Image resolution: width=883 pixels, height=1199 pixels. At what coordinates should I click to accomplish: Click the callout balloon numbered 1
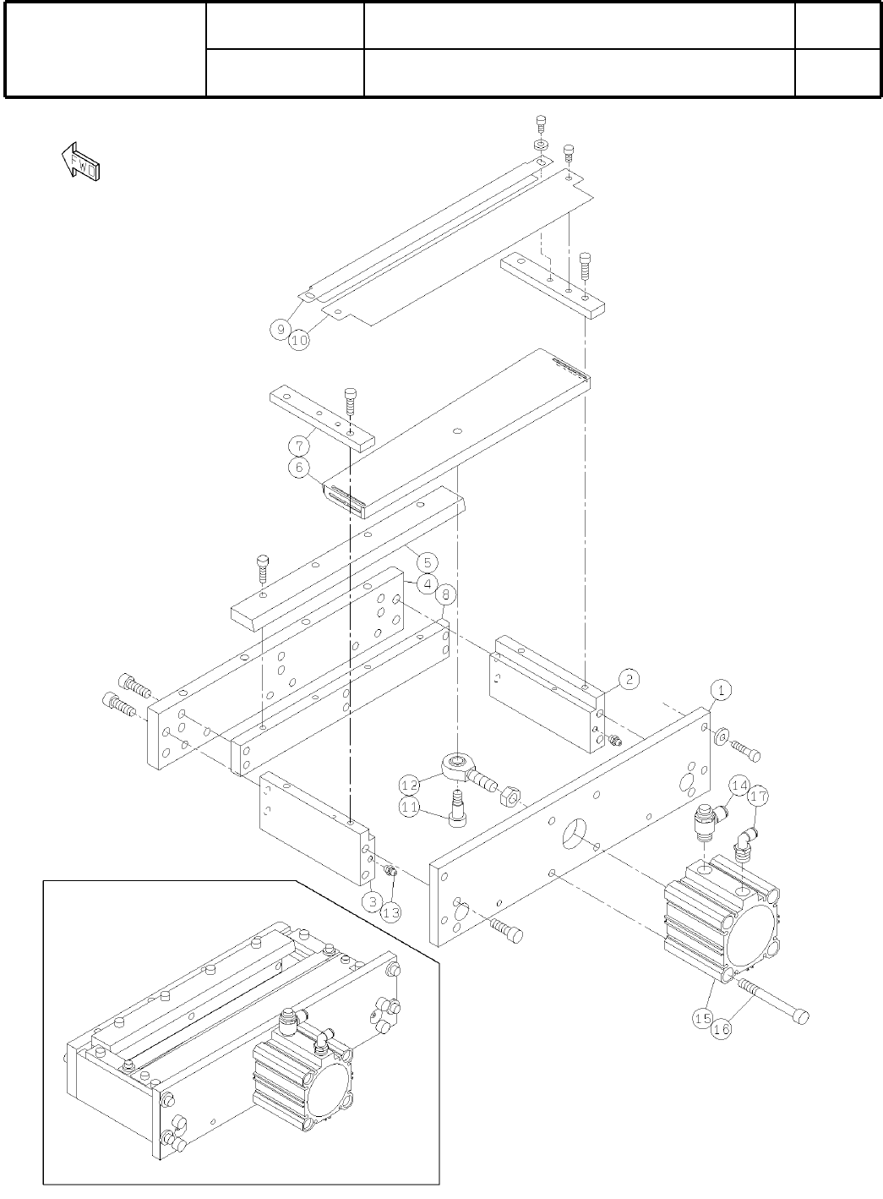[721, 689]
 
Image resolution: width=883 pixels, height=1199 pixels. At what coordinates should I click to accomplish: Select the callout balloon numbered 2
[628, 678]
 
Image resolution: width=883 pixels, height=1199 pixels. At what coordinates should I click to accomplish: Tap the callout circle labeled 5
[428, 561]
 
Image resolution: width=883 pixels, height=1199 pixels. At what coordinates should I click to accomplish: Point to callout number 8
[447, 594]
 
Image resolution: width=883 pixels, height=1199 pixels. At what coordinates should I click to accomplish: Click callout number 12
[411, 786]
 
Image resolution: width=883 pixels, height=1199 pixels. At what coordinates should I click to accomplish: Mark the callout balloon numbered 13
[390, 912]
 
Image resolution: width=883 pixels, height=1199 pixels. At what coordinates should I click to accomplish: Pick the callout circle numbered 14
[739, 786]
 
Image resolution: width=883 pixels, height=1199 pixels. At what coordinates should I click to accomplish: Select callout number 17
[759, 796]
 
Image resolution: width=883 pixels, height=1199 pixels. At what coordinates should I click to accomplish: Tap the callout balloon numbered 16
[721, 1028]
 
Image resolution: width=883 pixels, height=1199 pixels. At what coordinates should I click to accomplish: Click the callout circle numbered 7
[298, 444]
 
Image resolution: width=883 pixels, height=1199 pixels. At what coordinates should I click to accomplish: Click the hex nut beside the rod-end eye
[510, 797]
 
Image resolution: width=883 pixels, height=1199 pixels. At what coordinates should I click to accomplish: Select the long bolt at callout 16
[773, 1000]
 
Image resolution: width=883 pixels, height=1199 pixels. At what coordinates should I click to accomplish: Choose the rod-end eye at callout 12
[456, 766]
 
